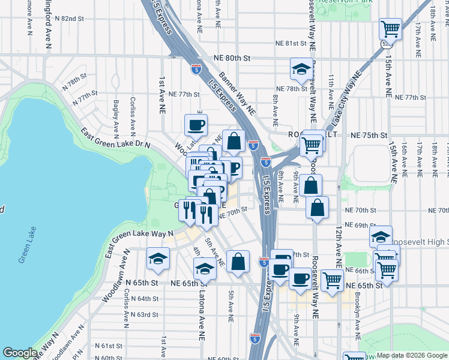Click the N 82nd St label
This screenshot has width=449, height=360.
click(69, 19)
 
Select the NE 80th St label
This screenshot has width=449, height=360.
click(232, 58)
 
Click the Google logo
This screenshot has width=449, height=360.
click(20, 353)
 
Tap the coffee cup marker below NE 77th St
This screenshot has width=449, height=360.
click(196, 125)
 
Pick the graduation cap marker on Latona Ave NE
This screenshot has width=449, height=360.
click(204, 268)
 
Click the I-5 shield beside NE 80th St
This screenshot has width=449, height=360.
click(196, 69)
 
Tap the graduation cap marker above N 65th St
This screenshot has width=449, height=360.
click(158, 257)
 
